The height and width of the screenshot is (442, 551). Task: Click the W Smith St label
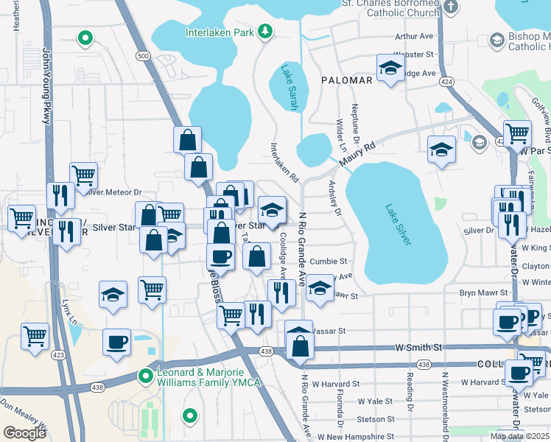tap(418, 346)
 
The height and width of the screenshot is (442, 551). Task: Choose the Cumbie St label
tap(328, 262)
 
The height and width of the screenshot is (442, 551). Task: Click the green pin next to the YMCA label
tap(146, 376)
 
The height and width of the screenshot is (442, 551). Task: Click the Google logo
tap(24, 432)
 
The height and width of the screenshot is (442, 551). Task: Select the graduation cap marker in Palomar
tap(390, 69)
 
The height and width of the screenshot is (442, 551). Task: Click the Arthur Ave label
tap(414, 36)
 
